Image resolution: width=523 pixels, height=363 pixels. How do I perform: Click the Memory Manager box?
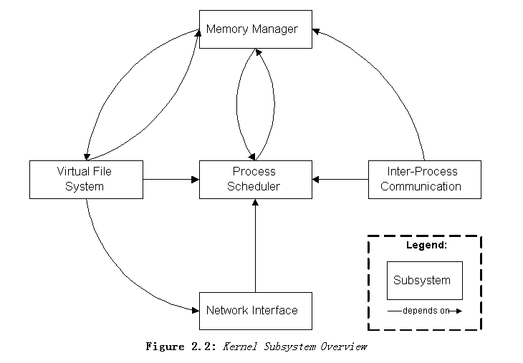255,29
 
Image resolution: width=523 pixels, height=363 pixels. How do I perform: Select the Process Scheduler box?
255,179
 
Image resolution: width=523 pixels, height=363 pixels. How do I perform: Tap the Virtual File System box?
86,179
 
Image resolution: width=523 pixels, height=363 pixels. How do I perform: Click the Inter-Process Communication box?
424,179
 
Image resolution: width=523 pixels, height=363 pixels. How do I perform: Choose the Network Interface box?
255,310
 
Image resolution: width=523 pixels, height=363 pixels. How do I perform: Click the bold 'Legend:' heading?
426,245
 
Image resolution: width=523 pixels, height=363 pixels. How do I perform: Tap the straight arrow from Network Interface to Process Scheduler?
255,247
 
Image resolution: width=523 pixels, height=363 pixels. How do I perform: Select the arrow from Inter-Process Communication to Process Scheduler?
340,179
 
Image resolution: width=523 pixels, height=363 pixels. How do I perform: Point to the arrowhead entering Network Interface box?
194,310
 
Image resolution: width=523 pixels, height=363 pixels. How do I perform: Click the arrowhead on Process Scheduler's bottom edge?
255,203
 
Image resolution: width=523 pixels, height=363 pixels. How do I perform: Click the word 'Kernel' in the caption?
239,347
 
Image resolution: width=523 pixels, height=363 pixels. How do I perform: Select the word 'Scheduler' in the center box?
255,187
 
